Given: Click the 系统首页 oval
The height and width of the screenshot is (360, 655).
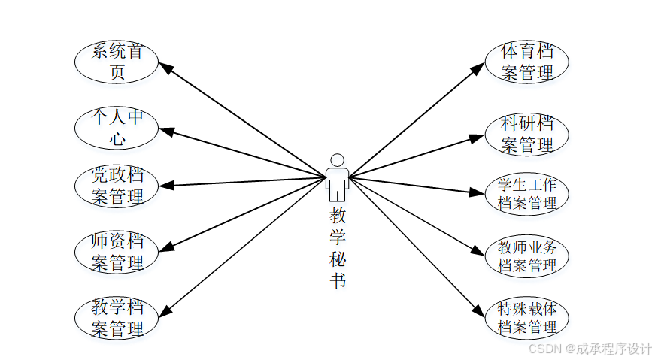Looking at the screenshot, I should click(117, 62).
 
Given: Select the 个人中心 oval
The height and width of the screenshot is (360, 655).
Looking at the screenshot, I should click(117, 128).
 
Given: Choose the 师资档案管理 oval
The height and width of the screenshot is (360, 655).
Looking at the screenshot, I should click(117, 253).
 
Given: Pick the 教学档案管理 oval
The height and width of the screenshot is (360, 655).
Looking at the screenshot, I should click(117, 318).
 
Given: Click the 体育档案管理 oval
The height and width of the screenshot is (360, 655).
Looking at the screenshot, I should click(527, 62).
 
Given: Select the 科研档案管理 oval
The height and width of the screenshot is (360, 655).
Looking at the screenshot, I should click(527, 134).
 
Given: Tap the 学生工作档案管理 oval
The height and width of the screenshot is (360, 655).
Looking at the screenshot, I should click(527, 193).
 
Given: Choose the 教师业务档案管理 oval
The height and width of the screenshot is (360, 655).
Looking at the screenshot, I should click(527, 256).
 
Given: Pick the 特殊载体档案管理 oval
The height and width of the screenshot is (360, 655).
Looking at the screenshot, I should click(527, 317).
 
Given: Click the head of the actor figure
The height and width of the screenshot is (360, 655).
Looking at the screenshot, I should click(338, 160).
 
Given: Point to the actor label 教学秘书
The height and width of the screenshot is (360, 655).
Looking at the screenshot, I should click(338, 248).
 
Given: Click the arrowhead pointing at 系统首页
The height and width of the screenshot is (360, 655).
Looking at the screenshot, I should click(166, 68).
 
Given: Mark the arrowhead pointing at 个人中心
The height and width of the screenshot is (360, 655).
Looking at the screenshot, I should click(167, 132).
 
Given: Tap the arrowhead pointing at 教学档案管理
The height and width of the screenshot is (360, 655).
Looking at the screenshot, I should click(166, 309).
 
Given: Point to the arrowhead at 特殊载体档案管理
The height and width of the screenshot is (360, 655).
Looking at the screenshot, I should click(478, 310).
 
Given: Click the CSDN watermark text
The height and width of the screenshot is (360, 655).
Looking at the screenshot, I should click(590, 349).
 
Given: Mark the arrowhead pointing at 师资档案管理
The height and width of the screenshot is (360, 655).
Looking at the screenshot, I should click(167, 247).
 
